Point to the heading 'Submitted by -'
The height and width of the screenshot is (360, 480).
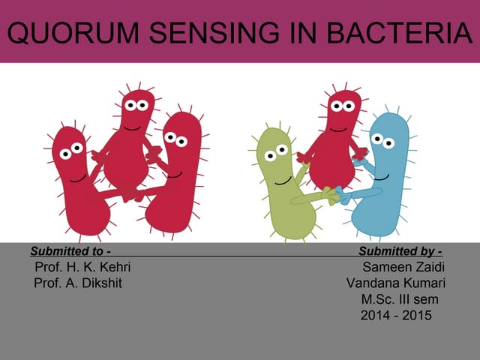coord(400,251)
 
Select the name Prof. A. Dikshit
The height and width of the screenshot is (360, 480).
coord(77,283)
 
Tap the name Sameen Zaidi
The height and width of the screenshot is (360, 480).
coord(403,267)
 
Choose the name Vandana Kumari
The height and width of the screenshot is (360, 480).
coord(395,283)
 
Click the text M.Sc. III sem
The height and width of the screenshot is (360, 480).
coord(400,299)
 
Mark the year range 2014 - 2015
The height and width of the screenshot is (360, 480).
coord(396,316)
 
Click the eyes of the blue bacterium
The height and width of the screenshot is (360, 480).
coord(382,141)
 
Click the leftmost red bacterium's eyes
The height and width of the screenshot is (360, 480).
coord(71,151)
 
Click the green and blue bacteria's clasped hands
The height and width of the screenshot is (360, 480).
coord(335,196)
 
